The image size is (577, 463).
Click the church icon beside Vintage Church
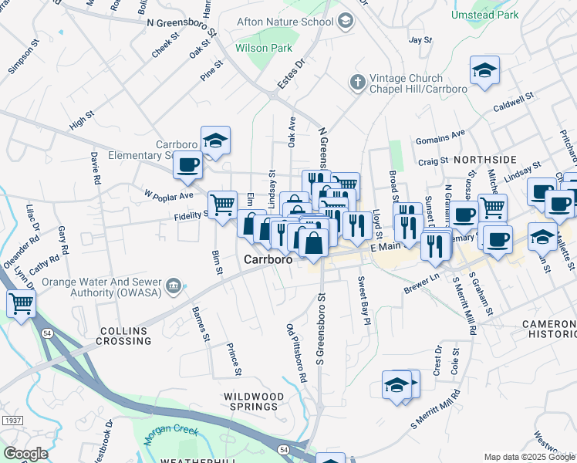coord(357,82)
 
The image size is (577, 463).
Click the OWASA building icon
coord(174,287)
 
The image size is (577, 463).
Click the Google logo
coord(25,453)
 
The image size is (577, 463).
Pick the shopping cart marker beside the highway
coord(21,303)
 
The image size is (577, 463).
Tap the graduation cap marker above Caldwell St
coord(484,71)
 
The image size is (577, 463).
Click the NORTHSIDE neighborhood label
coord(484,159)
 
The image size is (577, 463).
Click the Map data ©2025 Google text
coord(529,457)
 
